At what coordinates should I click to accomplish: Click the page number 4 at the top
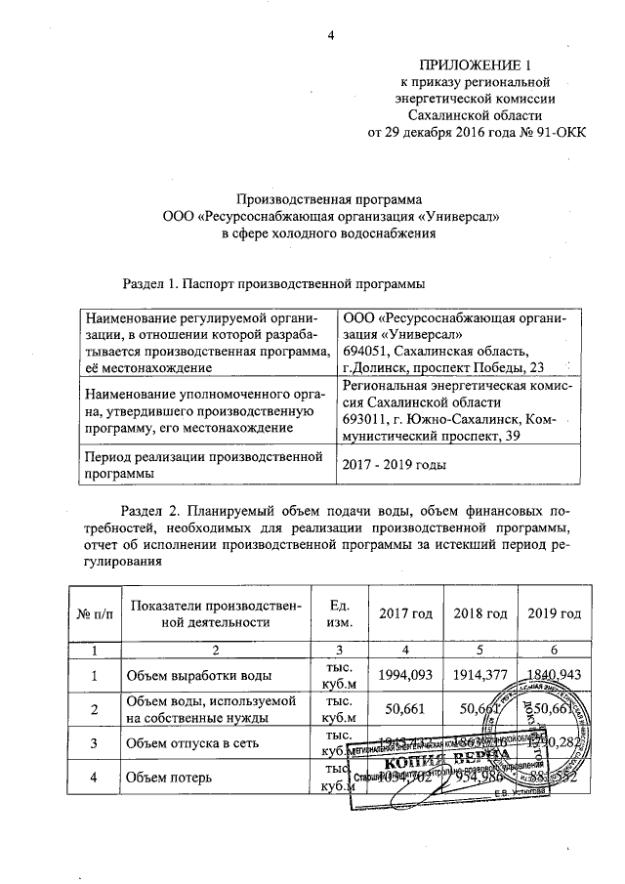click(330, 36)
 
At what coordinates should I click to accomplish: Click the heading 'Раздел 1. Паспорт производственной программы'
click(273, 284)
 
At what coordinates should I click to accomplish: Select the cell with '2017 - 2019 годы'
click(392, 465)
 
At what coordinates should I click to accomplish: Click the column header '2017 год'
click(407, 613)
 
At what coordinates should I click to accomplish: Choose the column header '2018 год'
click(480, 613)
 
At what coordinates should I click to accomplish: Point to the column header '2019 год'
click(554, 613)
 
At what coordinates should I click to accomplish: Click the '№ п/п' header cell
click(95, 613)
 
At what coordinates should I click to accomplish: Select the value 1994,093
click(407, 675)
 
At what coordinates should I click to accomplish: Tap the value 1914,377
click(480, 675)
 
